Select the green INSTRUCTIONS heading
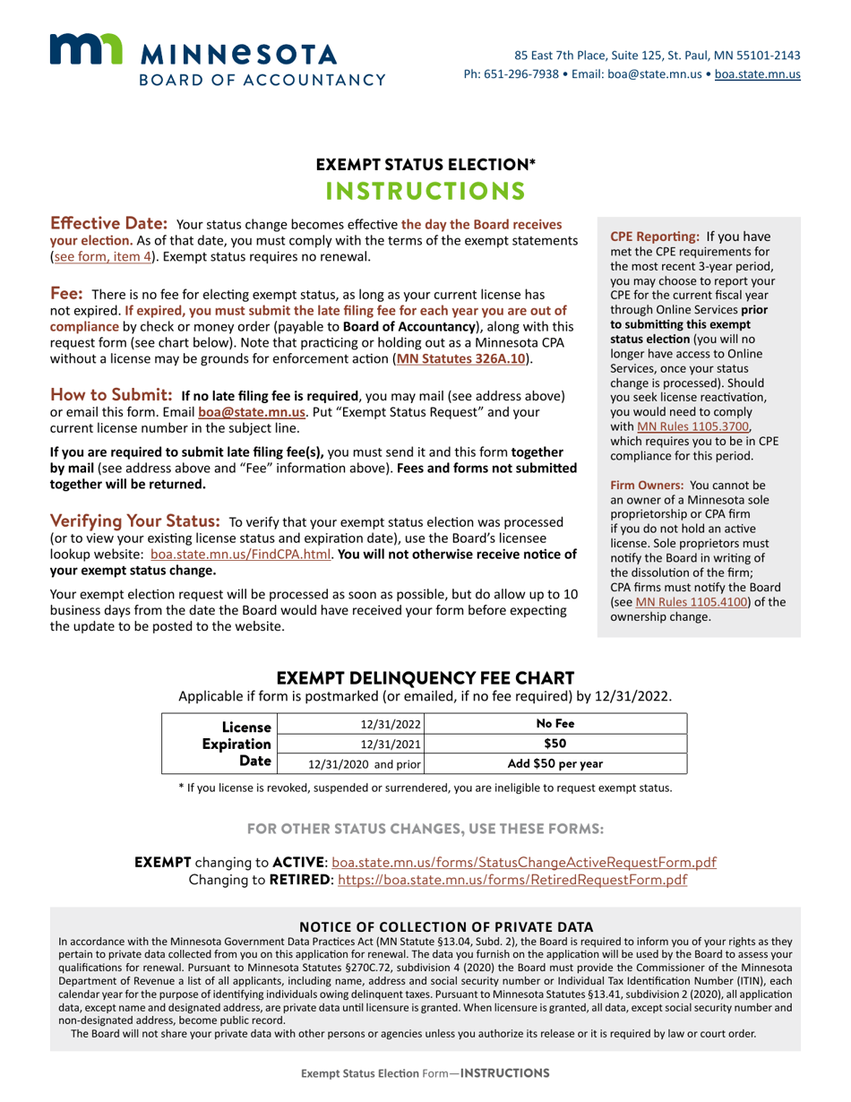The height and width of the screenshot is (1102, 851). [425, 191]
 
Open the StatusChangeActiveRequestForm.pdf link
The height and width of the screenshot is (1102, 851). [524, 862]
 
